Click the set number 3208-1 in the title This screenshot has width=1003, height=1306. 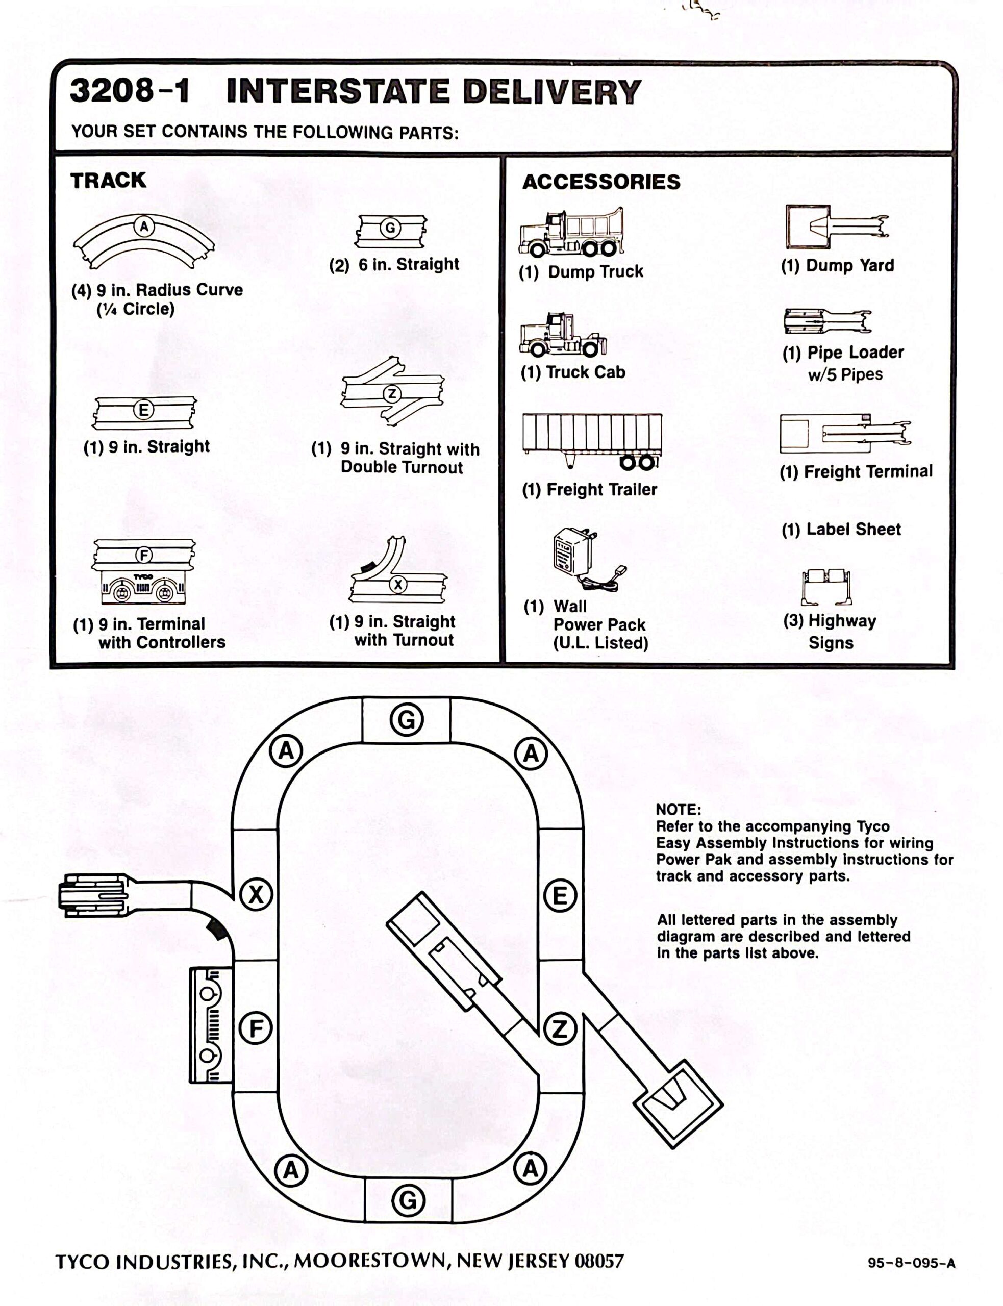click(130, 91)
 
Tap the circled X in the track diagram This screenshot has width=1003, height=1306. click(256, 895)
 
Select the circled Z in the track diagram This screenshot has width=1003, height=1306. click(560, 1029)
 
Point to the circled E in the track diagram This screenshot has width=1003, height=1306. click(560, 896)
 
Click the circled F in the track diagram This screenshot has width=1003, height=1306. click(256, 1028)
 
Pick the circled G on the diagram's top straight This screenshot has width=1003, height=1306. click(407, 720)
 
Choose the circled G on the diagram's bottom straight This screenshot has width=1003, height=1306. click(408, 1200)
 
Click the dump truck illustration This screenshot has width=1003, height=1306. click(571, 233)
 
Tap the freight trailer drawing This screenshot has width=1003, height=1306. click(592, 440)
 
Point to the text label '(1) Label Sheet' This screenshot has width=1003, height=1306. click(841, 530)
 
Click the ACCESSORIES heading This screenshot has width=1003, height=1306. click(600, 182)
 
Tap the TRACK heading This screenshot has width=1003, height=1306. click(108, 180)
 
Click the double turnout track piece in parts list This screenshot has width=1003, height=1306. click(392, 392)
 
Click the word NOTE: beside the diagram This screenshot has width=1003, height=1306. click(678, 810)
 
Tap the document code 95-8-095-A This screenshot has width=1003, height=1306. click(911, 1263)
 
